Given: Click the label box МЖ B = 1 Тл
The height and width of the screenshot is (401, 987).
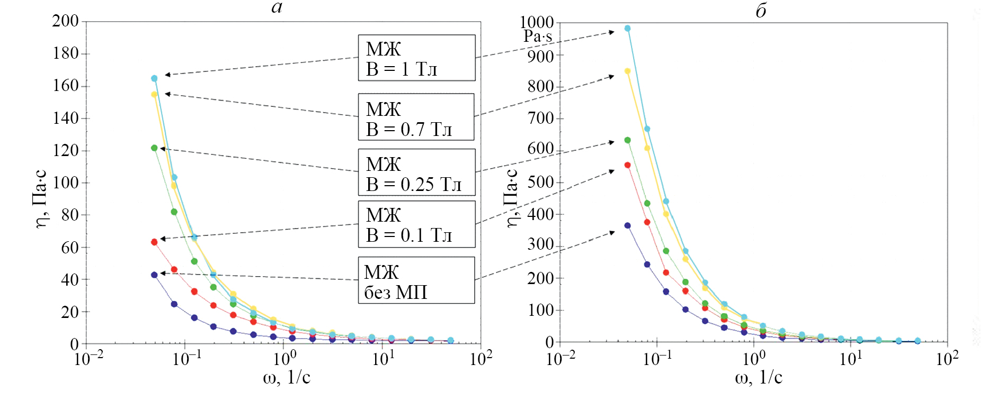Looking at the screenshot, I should (416, 58).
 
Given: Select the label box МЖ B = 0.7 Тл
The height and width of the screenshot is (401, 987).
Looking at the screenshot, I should (416, 117).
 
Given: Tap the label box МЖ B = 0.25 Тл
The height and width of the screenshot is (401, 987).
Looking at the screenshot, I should (416, 172).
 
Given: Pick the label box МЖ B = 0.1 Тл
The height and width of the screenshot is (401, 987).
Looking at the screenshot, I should (416, 224).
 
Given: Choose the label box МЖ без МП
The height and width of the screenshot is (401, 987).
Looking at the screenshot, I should (416, 280).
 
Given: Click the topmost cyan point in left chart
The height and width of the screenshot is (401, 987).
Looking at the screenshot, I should (154, 78).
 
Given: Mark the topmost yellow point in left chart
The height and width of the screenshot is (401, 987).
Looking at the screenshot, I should (154, 95).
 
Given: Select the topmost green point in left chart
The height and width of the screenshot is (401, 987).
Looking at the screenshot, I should (154, 148).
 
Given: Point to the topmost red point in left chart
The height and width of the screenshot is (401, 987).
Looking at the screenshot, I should (154, 242).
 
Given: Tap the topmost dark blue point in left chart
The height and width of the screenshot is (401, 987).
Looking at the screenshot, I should (154, 275).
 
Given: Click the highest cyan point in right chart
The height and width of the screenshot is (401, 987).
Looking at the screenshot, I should (627, 29).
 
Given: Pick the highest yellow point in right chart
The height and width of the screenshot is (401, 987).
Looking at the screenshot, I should (627, 71).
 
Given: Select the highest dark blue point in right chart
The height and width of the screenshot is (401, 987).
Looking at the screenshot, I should (627, 225).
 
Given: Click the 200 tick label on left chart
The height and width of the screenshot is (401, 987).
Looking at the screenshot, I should (65, 21).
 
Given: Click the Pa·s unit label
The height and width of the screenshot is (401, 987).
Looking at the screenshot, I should (538, 37).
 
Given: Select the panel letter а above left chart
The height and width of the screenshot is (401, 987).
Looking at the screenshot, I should (277, 7).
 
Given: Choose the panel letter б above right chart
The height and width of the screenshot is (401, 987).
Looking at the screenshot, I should (761, 11).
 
